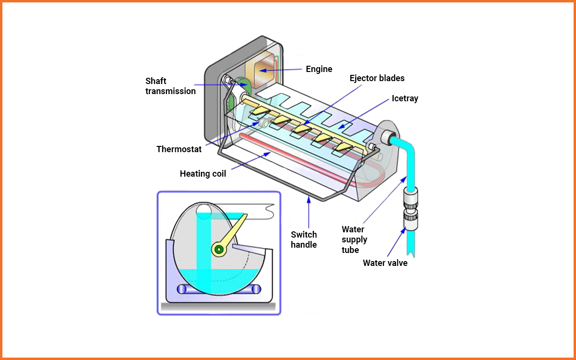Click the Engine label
[319, 69]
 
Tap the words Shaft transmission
[170, 85]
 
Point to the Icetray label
[405, 98]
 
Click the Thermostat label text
[179, 149]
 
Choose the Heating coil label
[203, 174]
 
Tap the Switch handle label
[304, 240]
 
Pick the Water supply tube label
[354, 240]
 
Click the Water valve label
[385, 263]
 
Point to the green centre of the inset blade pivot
[220, 249]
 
